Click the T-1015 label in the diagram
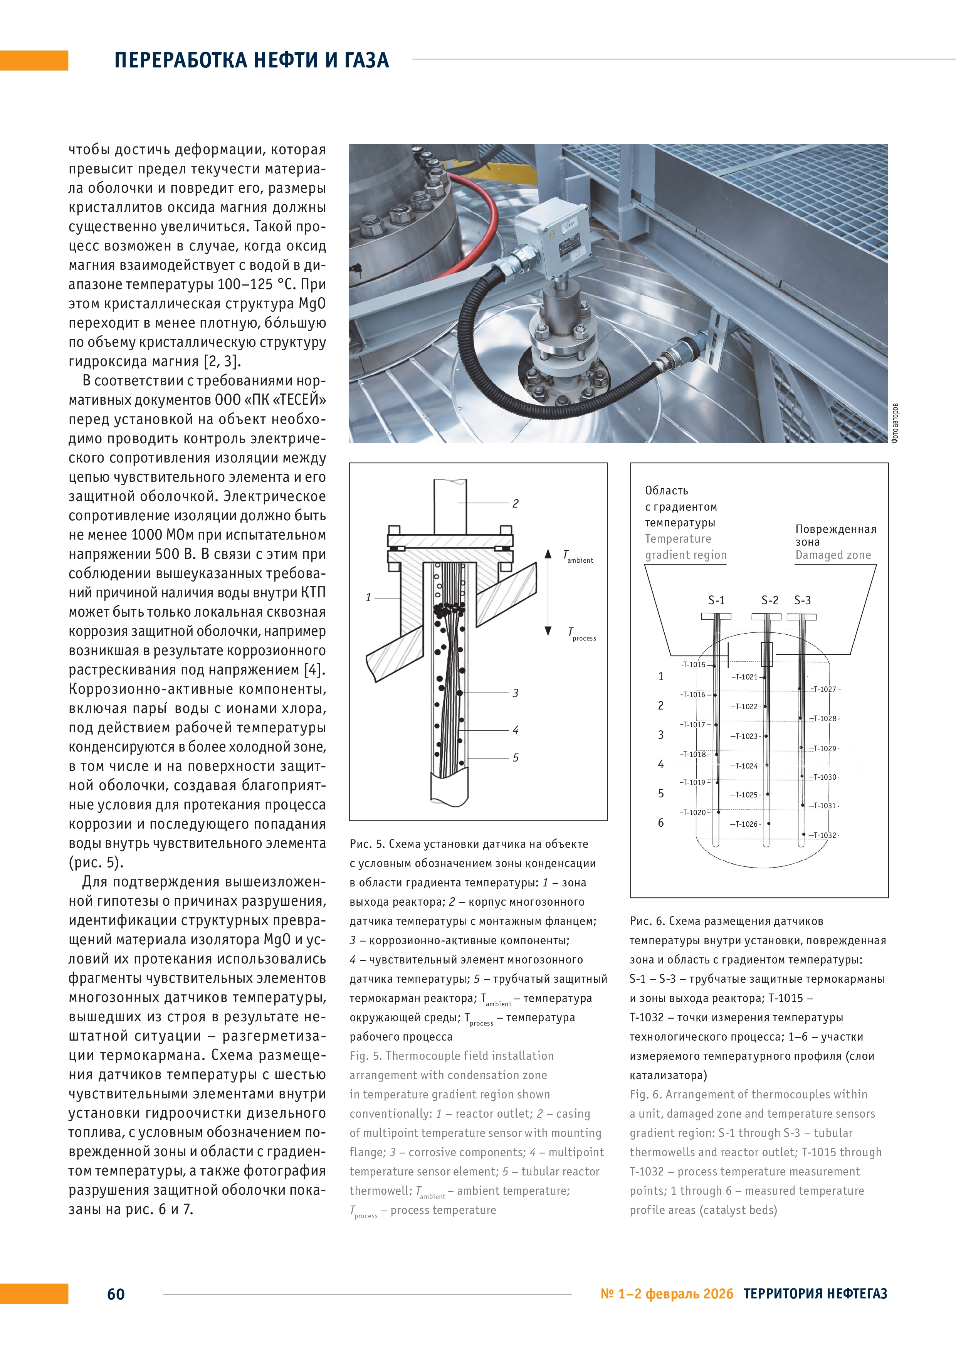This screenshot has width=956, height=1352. [x=694, y=665]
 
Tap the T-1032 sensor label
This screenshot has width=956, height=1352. [x=825, y=835]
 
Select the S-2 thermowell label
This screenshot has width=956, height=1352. [x=770, y=600]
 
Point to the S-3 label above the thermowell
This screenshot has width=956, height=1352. [x=802, y=600]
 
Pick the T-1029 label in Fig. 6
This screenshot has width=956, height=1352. [x=825, y=748]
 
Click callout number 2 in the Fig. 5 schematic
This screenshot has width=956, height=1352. [x=515, y=503]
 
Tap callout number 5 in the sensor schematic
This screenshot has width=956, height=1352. [x=515, y=757]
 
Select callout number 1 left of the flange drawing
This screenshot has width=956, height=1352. [x=368, y=598]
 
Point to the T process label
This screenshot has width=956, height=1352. [x=581, y=634]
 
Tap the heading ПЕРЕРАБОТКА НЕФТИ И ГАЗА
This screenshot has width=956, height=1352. [x=251, y=60]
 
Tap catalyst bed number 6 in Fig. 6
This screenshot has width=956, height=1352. [x=660, y=822]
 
